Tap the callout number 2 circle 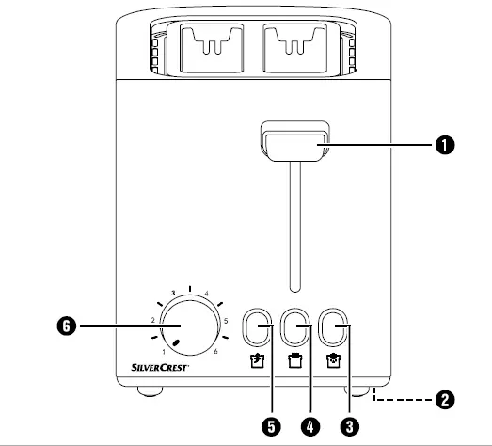pos(443,399)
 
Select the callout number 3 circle pos(349,427)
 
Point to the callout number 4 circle pos(310,427)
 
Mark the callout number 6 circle pos(63,326)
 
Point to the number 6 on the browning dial pos(215,351)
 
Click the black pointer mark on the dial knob pos(175,341)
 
